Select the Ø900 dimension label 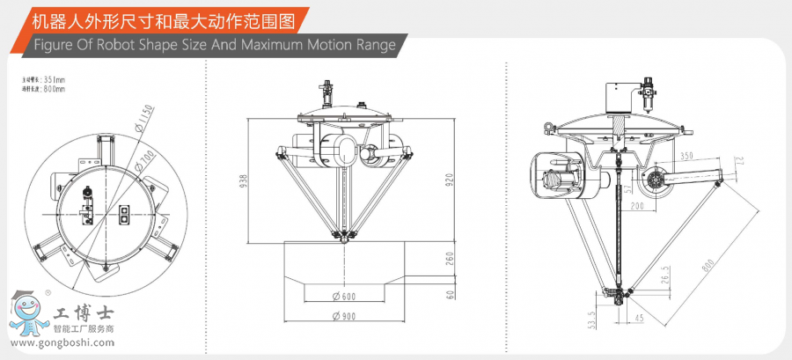(343, 314)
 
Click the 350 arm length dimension (686, 156)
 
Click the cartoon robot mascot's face (26, 309)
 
